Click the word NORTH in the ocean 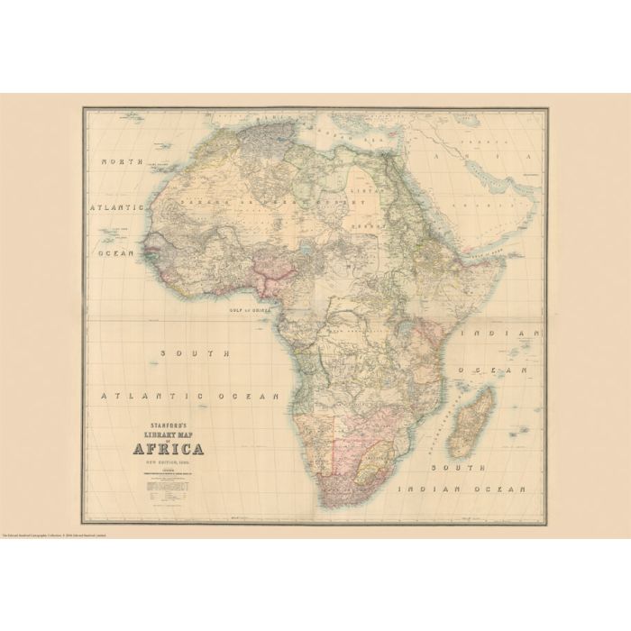click(x=122, y=161)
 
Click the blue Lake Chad click(x=311, y=242)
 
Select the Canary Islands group click(x=160, y=168)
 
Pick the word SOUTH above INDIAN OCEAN click(x=456, y=467)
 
